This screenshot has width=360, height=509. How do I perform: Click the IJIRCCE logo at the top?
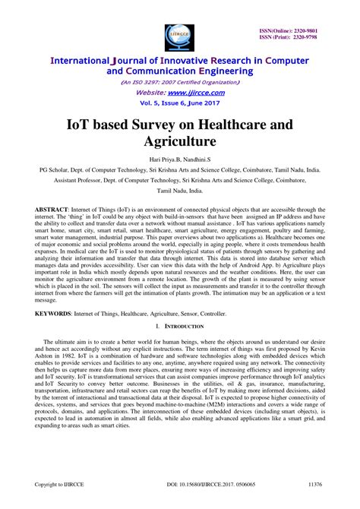click(x=179, y=33)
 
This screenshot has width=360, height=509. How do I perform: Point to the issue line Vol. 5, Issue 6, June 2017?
click(x=180, y=102)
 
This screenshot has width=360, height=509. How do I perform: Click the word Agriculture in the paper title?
click(x=180, y=142)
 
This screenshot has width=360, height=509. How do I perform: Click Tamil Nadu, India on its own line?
click(x=180, y=193)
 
